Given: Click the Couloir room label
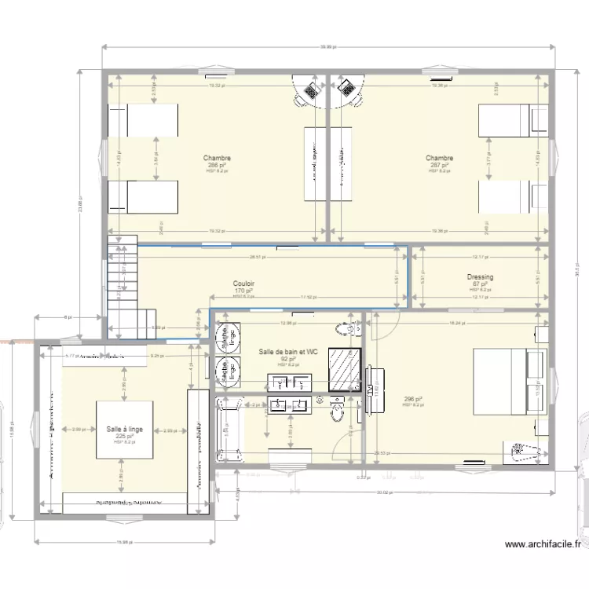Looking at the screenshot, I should (x=243, y=284).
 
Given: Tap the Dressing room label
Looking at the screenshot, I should (x=479, y=277).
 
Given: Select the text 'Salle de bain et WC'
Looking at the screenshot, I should (x=288, y=352).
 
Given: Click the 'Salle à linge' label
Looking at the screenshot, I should (x=125, y=429).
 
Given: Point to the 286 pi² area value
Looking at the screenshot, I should (x=217, y=166).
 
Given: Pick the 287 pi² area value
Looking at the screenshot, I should (x=439, y=166).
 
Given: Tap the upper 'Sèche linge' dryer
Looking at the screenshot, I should (x=229, y=337).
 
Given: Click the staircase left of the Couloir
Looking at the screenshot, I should (x=122, y=287).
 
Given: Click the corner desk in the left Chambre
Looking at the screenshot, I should (x=309, y=92).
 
